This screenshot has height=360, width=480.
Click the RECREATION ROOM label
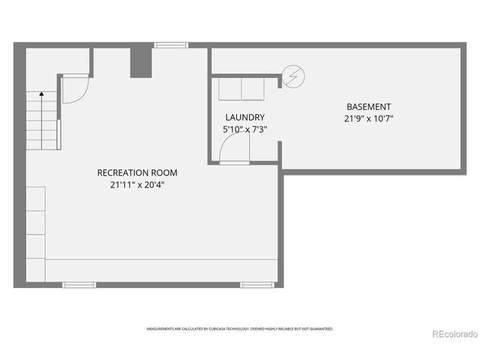click(137, 173)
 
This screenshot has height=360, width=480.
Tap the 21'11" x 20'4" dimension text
click(137, 184)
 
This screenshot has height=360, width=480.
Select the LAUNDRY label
click(244, 118)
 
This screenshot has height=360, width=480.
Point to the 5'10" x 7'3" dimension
click(244, 129)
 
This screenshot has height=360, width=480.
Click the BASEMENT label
click(368, 107)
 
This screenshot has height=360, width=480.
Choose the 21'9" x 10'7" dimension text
click(368, 118)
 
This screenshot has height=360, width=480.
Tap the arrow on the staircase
click(40, 94)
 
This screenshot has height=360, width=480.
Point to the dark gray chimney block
click(140, 61)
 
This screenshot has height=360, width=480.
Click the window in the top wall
click(172, 45)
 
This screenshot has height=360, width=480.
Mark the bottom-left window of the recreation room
click(79, 285)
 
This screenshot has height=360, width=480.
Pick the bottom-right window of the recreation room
click(256, 285)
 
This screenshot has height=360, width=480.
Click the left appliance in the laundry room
click(229, 89)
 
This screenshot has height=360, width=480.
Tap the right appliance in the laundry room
click(253, 89)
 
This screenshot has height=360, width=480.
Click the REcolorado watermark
click(451, 334)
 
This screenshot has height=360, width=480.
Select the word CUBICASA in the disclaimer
click(220, 328)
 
